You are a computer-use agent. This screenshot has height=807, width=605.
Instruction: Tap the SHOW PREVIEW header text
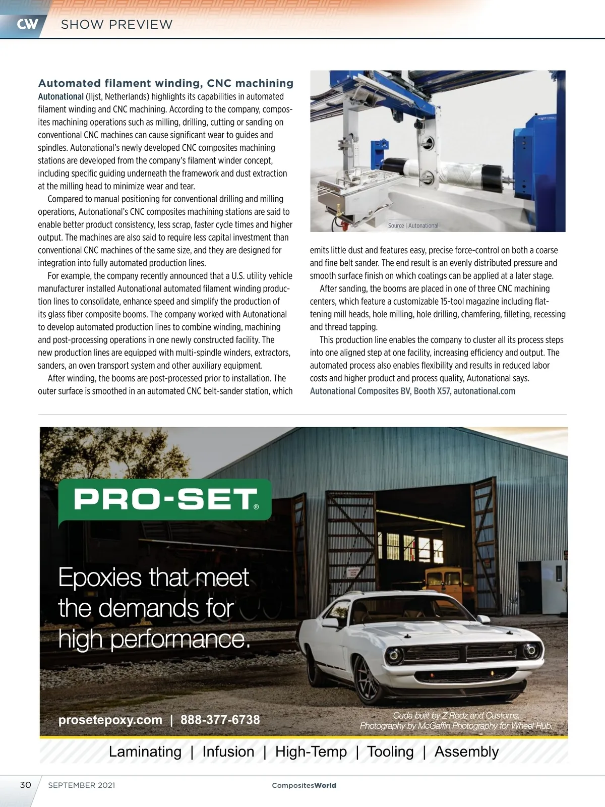pos(116,24)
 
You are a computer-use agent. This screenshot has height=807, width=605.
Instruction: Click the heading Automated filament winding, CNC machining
pos(166,83)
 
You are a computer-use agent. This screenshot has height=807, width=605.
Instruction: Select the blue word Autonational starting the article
pos(60,97)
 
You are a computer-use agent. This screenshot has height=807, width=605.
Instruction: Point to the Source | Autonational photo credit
pos(413,225)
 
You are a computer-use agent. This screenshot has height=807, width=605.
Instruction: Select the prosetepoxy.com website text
pos(110,720)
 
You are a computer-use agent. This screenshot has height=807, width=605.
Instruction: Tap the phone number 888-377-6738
pos(220,720)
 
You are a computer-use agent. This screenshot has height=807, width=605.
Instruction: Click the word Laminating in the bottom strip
pos(145,752)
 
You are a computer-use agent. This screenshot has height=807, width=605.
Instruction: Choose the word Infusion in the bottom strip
pos(228,752)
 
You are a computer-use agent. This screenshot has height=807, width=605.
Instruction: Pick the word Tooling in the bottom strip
pos(390,752)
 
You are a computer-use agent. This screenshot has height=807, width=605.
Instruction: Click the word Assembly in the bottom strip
pos(466,752)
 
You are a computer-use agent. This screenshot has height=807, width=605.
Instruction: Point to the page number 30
pos(25,785)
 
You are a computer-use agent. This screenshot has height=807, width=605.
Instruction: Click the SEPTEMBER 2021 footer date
pos(82,785)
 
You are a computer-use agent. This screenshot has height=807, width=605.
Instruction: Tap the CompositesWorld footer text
pos(304,785)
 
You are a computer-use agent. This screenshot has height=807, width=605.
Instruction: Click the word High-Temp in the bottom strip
pos(311,752)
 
